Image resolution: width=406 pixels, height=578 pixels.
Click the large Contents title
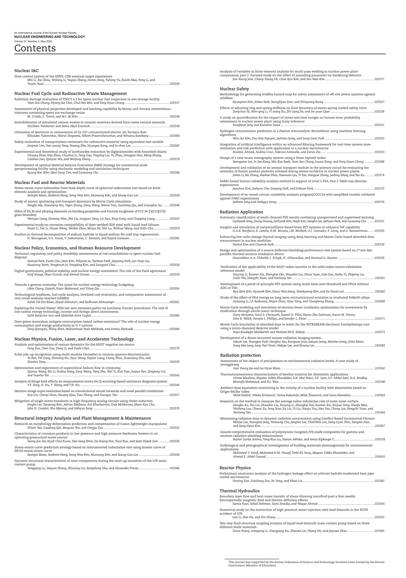click(35, 48)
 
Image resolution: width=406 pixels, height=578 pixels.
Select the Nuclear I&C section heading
click(26, 70)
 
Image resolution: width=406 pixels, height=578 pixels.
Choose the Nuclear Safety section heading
click(234, 89)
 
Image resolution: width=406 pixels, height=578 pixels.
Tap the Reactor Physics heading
click(235, 468)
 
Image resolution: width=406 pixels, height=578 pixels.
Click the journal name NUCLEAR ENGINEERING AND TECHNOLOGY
click(49, 37)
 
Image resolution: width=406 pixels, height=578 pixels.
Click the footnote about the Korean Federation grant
click(306, 564)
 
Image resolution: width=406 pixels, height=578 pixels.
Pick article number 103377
click(380, 79)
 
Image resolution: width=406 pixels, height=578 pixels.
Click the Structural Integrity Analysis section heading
click(83, 418)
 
